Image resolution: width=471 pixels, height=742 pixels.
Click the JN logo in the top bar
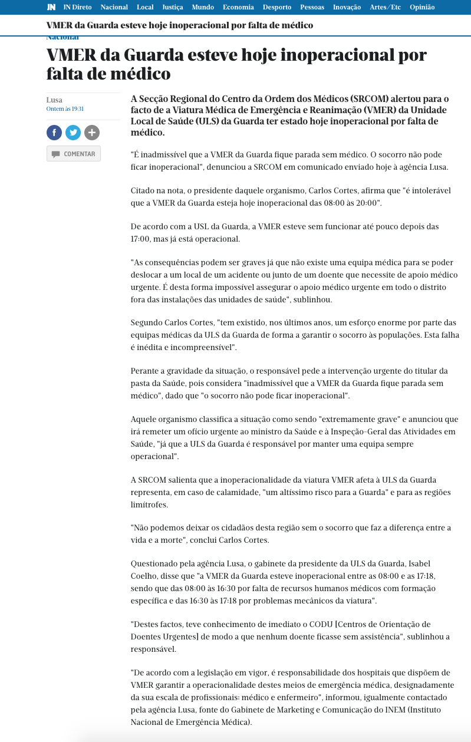tap(51, 7)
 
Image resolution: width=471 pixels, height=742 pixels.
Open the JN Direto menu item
tap(77, 7)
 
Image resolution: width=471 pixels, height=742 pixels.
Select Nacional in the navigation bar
tap(114, 7)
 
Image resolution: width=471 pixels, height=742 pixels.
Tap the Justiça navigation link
tap(173, 7)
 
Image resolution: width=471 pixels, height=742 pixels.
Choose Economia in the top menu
tap(238, 7)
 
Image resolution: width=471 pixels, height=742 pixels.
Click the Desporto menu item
tap(277, 7)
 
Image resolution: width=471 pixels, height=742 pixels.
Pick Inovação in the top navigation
tap(347, 7)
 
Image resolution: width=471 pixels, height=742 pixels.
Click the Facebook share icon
tap(54, 133)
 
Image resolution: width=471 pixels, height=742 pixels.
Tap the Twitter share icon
tap(73, 133)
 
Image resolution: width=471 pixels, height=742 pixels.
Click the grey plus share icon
tap(92, 133)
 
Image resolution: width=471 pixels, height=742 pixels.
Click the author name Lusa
tap(54, 100)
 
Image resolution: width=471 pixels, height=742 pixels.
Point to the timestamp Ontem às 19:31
tap(65, 109)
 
